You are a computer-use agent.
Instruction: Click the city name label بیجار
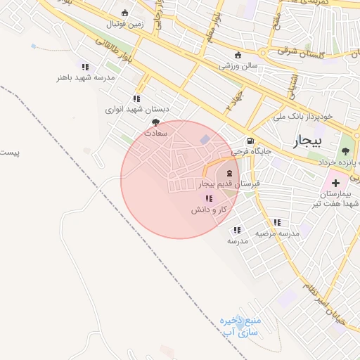pos(306,141)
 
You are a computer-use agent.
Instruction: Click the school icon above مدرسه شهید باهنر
pos(85,66)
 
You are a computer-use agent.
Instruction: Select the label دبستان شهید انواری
pos(138,110)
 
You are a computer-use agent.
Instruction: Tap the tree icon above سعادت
pos(155,122)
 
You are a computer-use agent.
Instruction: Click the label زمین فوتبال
pos(124,24)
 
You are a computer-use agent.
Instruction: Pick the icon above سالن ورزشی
pos(237,56)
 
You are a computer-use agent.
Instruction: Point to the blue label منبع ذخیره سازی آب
pos(240,325)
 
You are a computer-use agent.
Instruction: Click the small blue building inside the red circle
pos(205,141)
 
